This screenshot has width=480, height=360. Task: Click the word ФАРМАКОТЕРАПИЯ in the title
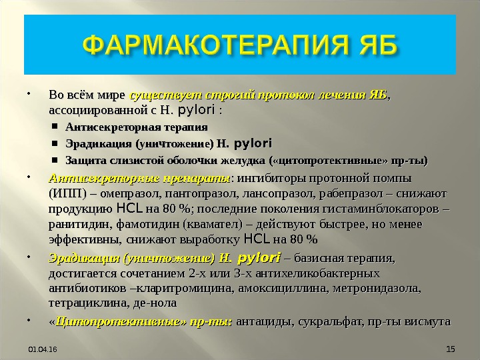pyautogui.click(x=216, y=45)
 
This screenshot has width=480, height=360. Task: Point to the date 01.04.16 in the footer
pyautogui.click(x=43, y=349)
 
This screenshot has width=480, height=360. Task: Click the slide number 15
pyautogui.click(x=451, y=349)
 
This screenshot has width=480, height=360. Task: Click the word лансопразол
pyautogui.click(x=277, y=194)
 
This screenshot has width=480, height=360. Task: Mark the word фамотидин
pyautogui.click(x=147, y=225)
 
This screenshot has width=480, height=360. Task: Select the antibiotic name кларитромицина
pyautogui.click(x=184, y=289)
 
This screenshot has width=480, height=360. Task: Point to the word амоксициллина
pyautogui.click(x=282, y=289)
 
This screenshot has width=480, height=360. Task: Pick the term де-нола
pyautogui.click(x=155, y=303)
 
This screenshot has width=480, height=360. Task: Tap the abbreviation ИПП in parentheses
pyautogui.click(x=67, y=194)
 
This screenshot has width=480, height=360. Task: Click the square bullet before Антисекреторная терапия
pyautogui.click(x=55, y=126)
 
